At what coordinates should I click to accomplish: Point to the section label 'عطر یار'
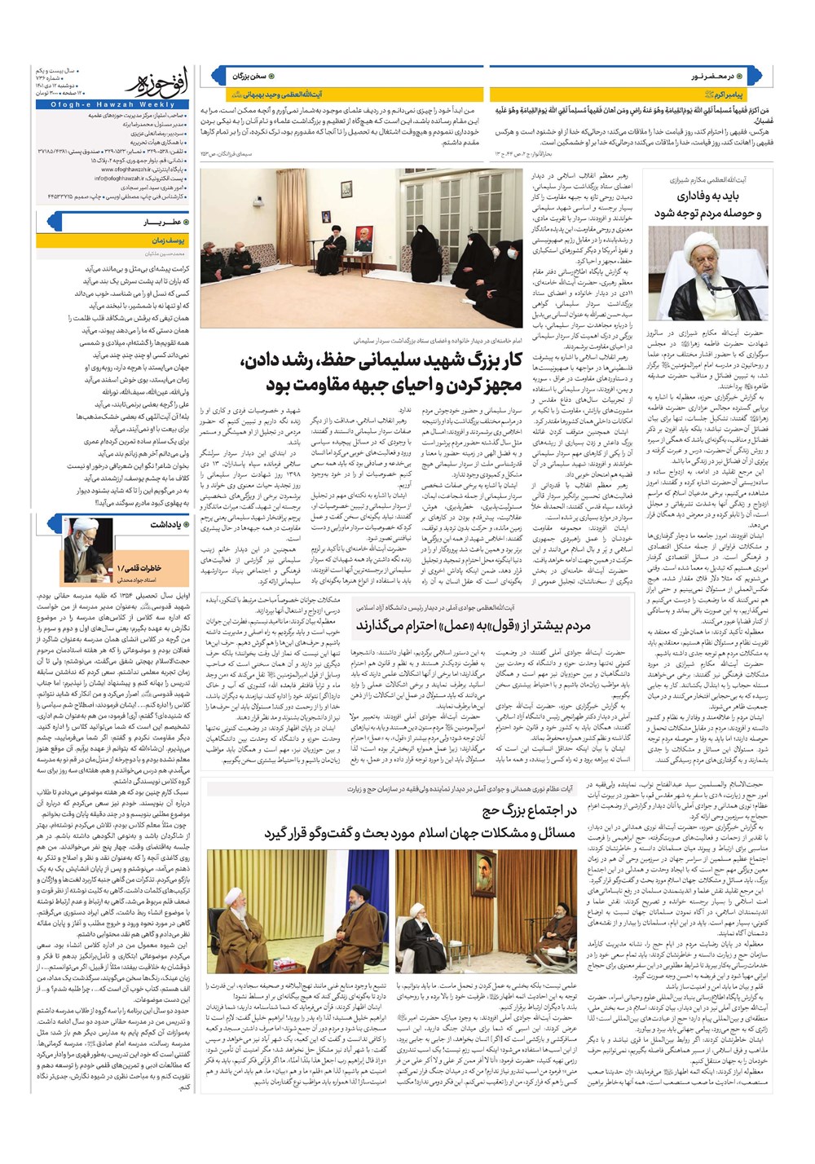tap(160, 222)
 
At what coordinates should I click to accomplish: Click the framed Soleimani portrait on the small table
tap(362, 239)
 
